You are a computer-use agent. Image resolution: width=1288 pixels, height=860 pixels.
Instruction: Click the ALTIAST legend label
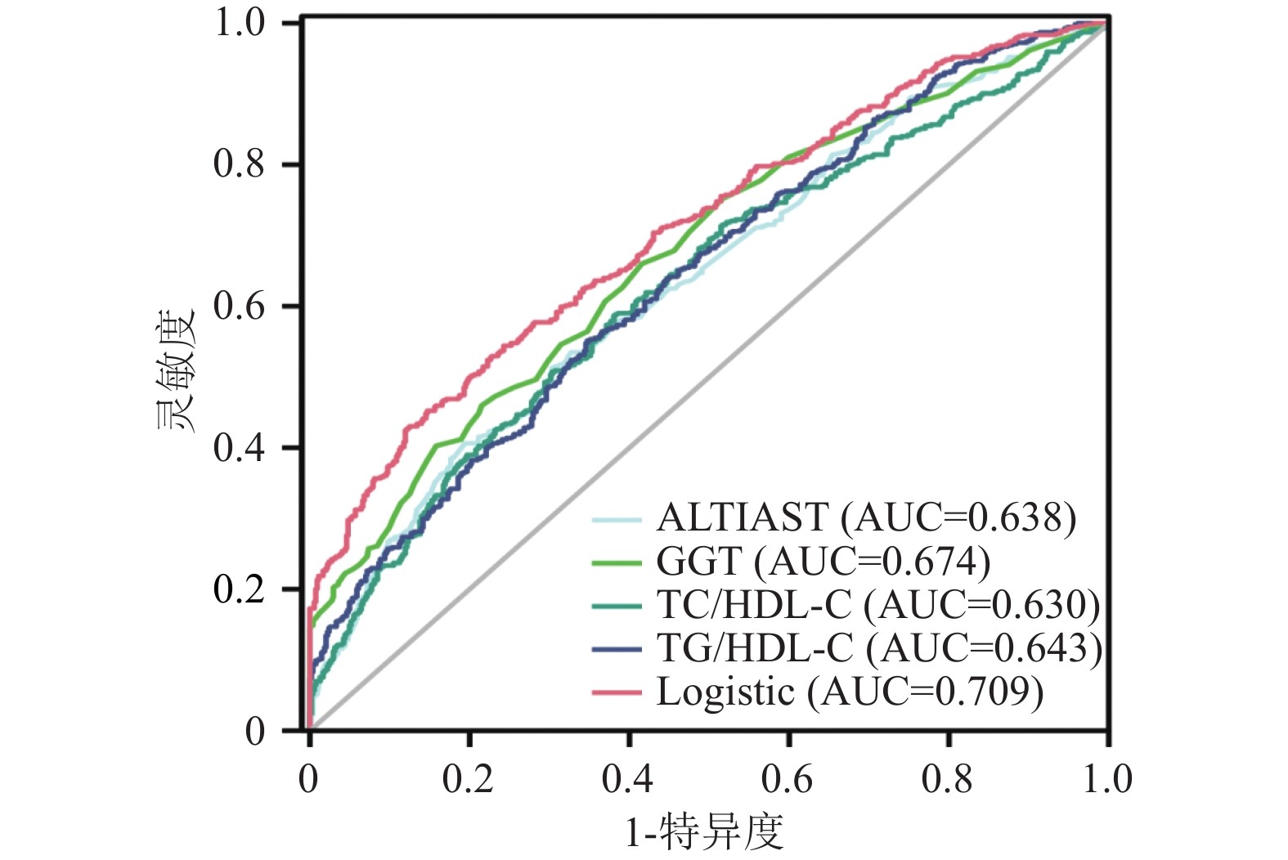[866, 517]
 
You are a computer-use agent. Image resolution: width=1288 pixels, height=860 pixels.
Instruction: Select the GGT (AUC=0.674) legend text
[823, 562]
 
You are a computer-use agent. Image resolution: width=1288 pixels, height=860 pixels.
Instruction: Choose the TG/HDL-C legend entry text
[879, 648]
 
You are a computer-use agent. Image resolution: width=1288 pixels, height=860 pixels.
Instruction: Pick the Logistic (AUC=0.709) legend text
[850, 692]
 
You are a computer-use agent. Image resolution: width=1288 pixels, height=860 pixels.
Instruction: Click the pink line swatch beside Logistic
[616, 692]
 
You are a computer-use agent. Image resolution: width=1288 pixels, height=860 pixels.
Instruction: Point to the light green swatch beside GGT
[616, 562]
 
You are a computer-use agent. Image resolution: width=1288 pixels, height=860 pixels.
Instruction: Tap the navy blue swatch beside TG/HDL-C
[616, 649]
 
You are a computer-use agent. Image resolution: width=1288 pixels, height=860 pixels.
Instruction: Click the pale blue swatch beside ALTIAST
[616, 518]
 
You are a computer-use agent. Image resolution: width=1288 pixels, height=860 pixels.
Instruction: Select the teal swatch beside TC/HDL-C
[616, 606]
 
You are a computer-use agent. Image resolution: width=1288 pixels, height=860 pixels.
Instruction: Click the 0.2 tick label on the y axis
[240, 589]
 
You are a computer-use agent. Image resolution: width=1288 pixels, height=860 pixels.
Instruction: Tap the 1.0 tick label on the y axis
[240, 23]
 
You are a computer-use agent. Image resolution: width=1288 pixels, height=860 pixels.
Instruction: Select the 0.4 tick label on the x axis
[628, 779]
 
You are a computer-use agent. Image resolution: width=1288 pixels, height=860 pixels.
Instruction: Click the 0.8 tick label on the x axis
[947, 779]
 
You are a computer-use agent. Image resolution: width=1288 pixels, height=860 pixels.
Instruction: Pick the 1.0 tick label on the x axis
[1106, 779]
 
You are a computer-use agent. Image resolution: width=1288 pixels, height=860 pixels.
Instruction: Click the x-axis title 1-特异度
[704, 832]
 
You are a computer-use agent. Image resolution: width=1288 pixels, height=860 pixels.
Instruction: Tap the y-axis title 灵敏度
[175, 370]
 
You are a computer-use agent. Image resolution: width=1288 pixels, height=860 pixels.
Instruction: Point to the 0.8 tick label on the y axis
[240, 164]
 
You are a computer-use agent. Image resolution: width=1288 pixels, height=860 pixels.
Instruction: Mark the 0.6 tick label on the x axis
[788, 779]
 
